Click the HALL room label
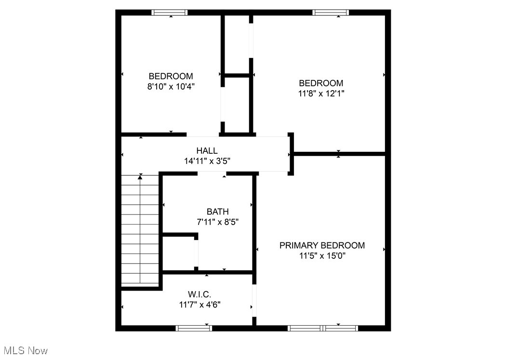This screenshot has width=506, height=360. pos(207,151)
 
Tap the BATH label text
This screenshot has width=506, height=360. pos(217,212)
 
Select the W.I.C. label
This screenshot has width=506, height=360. pos(200,294)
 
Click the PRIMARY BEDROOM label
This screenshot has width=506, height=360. pos(322,245)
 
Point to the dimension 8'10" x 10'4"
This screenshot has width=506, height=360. pos(171,87)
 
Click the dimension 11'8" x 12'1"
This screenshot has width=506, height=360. pos(321,93)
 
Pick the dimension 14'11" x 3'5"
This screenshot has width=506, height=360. pos(207,161)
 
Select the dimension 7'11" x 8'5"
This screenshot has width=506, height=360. pos(217,222)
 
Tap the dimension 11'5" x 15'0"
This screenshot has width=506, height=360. pos(322,256)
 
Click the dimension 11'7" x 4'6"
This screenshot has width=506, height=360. pos(200,305)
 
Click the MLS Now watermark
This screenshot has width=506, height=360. pos(25,350)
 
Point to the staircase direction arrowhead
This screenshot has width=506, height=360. pos(140,177)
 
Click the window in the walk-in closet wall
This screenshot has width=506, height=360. pos(194,328)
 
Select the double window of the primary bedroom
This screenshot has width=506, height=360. pos(323,328)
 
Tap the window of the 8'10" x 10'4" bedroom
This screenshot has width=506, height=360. pos(170,13)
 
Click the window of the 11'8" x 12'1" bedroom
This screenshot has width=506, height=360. pos(331,13)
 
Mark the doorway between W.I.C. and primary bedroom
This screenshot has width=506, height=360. pos(254,301)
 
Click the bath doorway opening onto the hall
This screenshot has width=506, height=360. pos(212,173)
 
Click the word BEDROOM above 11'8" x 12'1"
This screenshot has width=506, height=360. pos(321,83)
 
